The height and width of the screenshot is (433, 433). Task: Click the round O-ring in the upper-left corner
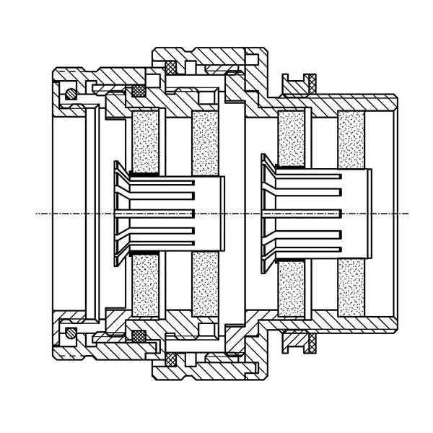69,94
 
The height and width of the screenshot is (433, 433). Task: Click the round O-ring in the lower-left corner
69,333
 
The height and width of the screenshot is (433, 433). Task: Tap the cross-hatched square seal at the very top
172,66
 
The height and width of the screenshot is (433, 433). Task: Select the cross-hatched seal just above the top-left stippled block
137,91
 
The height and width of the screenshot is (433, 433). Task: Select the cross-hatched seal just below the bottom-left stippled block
137,336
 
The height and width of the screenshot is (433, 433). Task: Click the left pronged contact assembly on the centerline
170,213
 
